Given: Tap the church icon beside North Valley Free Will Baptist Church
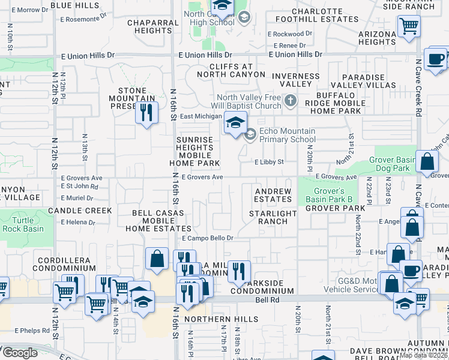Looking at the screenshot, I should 291,101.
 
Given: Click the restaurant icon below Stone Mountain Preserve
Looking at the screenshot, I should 146,112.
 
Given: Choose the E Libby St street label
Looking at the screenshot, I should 268,162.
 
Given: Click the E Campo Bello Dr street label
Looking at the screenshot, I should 207,238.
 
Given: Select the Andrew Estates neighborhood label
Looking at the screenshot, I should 273,195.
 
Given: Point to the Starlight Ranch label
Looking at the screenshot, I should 273,217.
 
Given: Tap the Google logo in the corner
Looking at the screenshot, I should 19,352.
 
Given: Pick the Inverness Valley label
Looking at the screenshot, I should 295,80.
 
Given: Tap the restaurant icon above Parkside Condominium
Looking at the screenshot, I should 239,272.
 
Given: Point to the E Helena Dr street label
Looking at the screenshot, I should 77,222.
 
